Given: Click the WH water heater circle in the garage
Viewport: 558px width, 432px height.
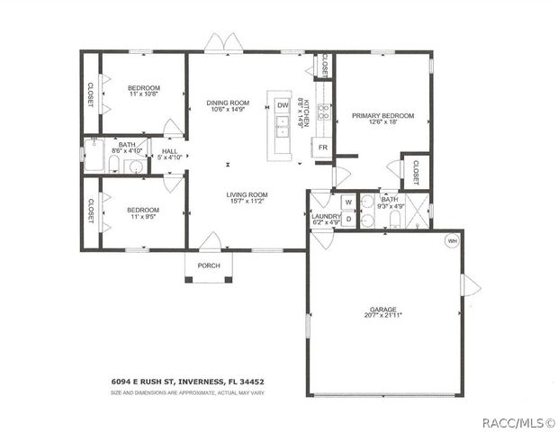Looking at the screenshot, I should [x=452, y=240].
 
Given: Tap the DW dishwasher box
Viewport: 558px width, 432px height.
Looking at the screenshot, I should [x=283, y=105].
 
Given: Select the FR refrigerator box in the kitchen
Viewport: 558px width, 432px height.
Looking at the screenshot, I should [x=321, y=147].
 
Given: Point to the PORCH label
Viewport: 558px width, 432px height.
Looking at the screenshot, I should [x=209, y=265].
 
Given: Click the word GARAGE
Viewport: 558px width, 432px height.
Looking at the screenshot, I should [x=384, y=309].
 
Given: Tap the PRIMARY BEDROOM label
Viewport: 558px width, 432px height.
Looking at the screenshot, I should [x=382, y=116].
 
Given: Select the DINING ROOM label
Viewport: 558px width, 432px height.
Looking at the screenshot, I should [x=228, y=103].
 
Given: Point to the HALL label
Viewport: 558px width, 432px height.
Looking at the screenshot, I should [x=169, y=151].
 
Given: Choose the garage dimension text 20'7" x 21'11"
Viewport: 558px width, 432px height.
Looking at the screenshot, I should [x=384, y=316].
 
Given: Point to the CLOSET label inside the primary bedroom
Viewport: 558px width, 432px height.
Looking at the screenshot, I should [x=416, y=173].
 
